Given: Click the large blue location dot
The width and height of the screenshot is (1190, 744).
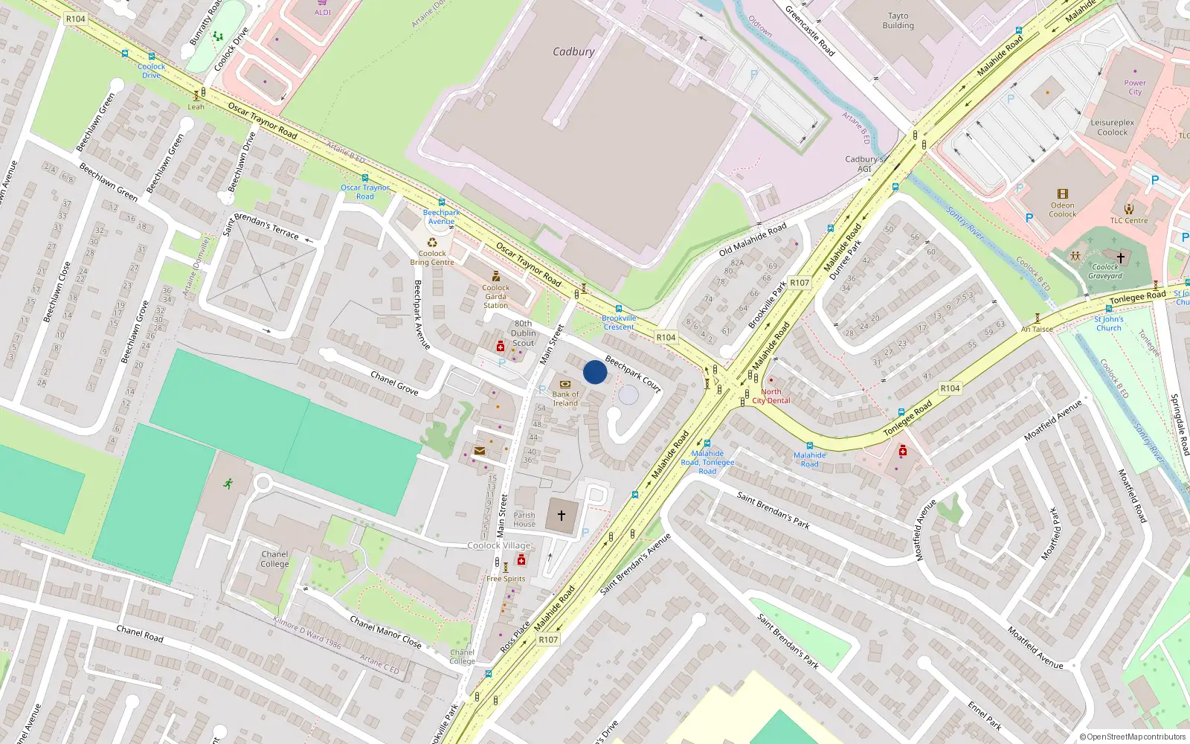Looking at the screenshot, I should click(x=595, y=372).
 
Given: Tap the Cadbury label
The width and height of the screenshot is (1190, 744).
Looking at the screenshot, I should click(x=573, y=52).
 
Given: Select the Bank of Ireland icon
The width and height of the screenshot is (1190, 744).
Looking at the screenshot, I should click(x=565, y=385).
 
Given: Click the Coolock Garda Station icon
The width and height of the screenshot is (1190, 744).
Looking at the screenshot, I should click(x=496, y=276).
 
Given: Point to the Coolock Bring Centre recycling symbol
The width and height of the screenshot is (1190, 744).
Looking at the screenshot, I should click(x=432, y=242).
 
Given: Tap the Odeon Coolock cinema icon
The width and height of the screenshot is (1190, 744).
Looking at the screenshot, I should click(x=1062, y=193).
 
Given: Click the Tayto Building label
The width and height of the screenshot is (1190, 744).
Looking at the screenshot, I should click(x=898, y=21).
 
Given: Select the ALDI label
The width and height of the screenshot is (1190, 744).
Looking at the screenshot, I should click(x=323, y=12).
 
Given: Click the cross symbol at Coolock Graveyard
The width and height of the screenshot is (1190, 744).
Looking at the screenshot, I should click(x=1121, y=257).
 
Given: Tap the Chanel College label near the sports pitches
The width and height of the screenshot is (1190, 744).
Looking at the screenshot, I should click(x=274, y=559).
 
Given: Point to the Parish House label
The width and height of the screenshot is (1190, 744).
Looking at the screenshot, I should click(x=524, y=519).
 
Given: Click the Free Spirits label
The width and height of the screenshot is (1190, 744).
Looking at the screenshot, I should click(x=506, y=579).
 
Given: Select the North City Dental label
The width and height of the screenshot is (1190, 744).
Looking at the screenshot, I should click(x=771, y=396).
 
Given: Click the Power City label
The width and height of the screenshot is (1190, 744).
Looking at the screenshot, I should click(x=1135, y=88).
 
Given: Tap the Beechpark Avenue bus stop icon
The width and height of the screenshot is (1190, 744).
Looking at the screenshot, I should click(x=442, y=202).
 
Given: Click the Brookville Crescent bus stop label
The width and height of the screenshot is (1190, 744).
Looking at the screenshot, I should click(x=619, y=323).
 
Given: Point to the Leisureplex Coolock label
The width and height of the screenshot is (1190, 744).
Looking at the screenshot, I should click(x=1113, y=128).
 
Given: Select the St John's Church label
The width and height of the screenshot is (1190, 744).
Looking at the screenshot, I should click(x=1108, y=324).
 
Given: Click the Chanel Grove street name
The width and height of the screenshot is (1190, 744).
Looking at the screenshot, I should click(x=394, y=383).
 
